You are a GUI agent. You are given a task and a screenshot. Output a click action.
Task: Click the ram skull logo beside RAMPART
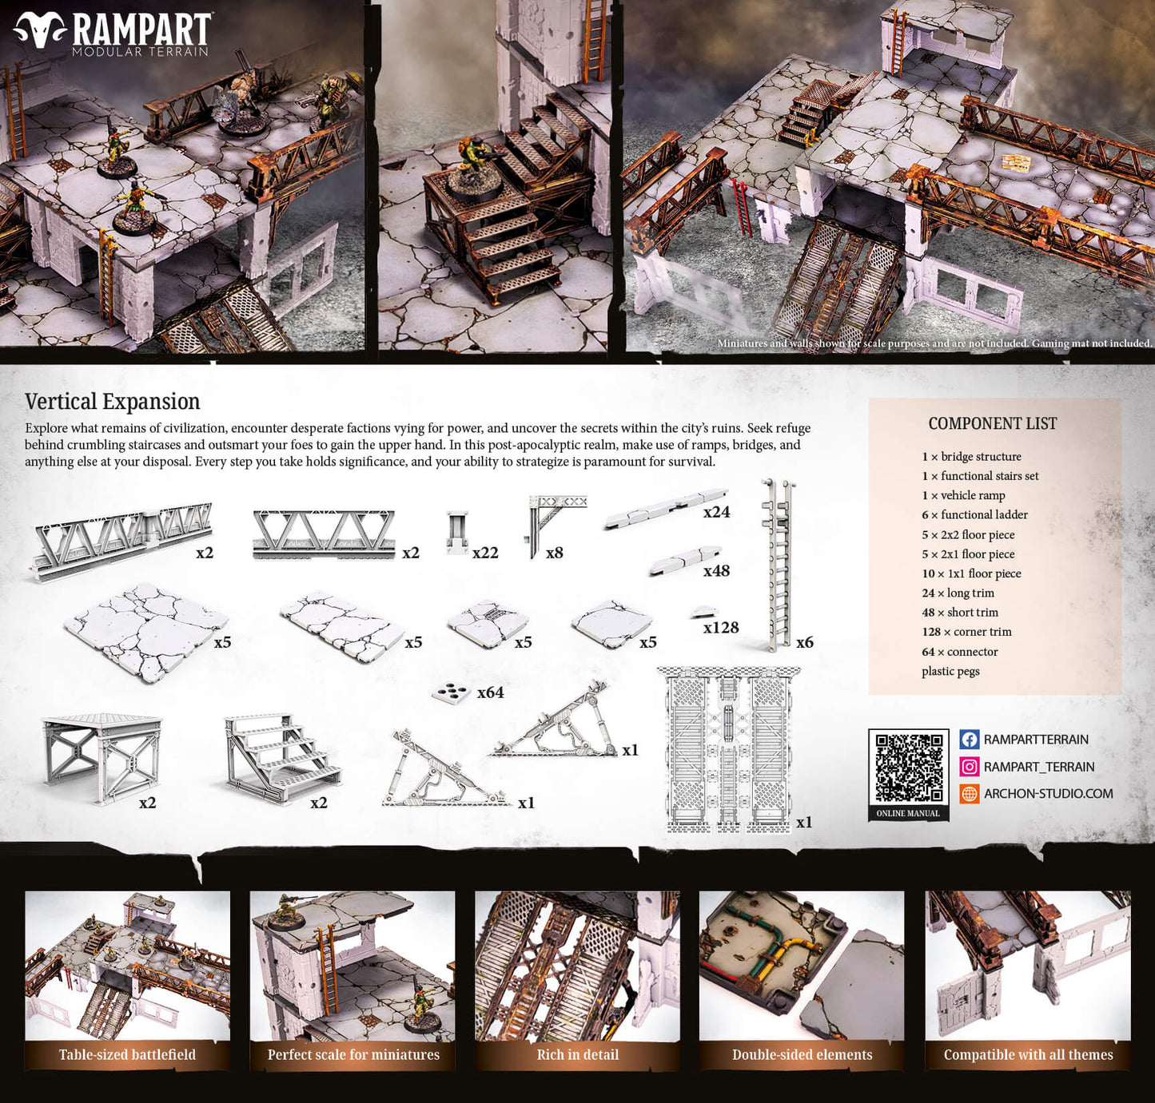pos(41,30)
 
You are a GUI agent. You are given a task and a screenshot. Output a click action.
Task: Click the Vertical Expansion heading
pos(112,402)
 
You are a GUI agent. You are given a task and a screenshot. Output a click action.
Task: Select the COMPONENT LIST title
pos(992,423)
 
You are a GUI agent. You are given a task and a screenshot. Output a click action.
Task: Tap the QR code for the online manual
pos(908,767)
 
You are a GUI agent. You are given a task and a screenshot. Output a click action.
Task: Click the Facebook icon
pos(969,740)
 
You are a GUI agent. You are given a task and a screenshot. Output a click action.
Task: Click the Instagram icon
pos(969,767)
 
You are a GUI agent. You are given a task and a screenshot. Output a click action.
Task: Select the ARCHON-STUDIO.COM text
pos(1048,794)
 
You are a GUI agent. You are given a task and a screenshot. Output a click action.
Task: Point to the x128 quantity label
pos(720,628)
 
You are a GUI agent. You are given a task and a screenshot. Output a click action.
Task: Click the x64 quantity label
pos(490,692)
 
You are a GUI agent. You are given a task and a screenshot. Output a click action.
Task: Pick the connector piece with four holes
pos(452,693)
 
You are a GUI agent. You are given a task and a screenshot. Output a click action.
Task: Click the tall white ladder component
pos(778,563)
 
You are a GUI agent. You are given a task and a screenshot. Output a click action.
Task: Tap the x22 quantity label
pos(484,553)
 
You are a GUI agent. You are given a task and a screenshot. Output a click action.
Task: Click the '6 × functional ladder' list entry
pos(974,515)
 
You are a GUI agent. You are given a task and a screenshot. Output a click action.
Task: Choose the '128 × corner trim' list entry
pos(966,632)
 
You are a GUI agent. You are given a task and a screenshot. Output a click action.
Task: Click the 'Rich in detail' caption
pos(577,1055)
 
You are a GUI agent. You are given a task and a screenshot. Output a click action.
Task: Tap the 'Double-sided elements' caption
pos(802,1055)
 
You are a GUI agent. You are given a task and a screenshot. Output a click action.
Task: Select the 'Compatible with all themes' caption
pos(1028,1055)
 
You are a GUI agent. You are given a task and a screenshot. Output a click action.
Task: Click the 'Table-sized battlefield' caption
pos(127,1055)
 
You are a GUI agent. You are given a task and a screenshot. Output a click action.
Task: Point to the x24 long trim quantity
pos(716,512)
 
